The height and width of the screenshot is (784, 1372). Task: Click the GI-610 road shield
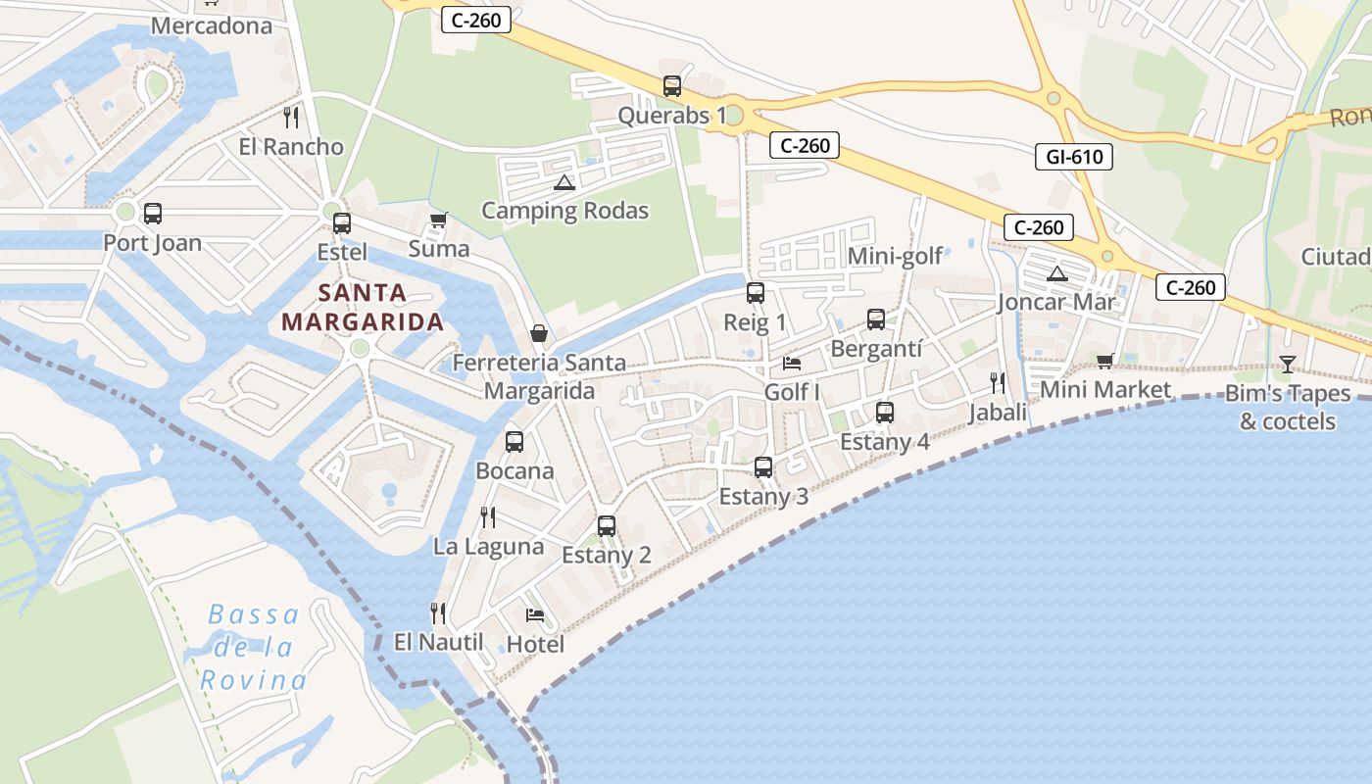click(x=1074, y=156)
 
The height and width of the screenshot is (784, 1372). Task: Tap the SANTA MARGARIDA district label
click(x=363, y=307)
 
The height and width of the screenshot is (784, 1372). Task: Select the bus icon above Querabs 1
click(x=671, y=86)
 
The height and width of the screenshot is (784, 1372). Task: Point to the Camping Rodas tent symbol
click(x=563, y=182)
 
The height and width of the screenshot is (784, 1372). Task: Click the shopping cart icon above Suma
click(x=438, y=220)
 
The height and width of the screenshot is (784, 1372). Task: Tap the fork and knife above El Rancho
click(x=291, y=118)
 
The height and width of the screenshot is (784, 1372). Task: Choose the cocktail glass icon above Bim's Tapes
click(x=1288, y=365)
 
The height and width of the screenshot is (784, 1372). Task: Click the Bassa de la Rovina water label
click(x=253, y=647)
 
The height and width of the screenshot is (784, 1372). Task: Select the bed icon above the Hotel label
click(x=535, y=615)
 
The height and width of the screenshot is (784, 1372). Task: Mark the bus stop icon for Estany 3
click(x=763, y=467)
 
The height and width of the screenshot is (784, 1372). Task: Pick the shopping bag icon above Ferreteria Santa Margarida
click(x=539, y=333)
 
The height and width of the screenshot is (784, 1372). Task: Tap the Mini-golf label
click(x=895, y=256)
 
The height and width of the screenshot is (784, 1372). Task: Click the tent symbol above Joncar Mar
click(x=1056, y=273)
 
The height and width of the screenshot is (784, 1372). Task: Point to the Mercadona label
click(x=211, y=25)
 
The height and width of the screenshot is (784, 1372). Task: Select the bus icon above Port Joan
click(x=153, y=214)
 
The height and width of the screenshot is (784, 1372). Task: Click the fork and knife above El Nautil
click(x=438, y=613)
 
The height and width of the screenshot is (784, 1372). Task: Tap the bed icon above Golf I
click(x=792, y=364)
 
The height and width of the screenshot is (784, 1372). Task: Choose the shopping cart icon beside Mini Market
click(x=1105, y=361)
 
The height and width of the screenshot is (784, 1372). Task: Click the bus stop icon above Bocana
click(x=514, y=442)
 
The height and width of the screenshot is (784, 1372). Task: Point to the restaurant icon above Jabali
click(x=998, y=383)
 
